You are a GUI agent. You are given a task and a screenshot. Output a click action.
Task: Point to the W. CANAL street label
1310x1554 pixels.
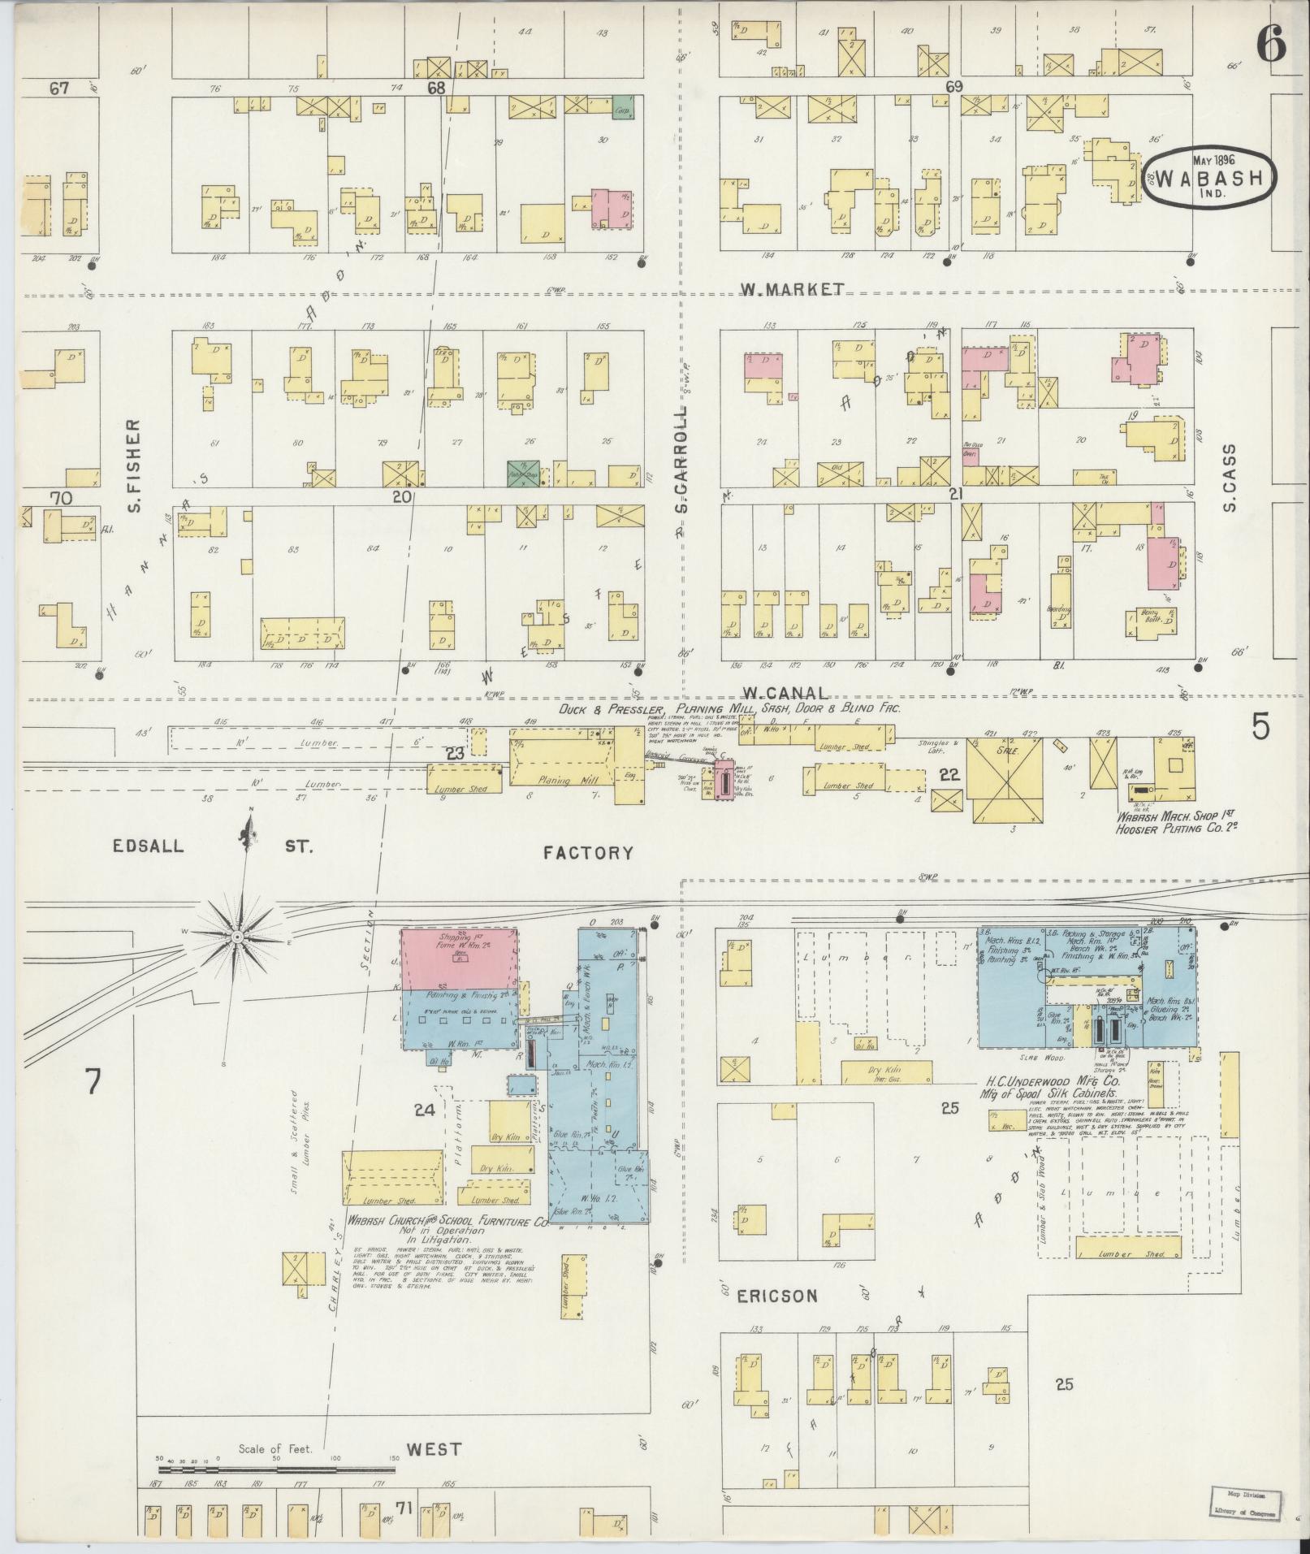[785, 693]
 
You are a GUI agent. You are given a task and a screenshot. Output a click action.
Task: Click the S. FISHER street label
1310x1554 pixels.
[135, 466]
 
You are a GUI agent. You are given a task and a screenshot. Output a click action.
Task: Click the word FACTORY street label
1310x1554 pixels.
[588, 852]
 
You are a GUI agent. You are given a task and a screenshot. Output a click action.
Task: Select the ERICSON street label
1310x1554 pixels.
[776, 1295]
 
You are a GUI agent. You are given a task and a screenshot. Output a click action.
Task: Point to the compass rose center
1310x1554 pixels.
[236, 937]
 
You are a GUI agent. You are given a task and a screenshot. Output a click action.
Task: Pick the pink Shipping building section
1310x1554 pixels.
[460, 959]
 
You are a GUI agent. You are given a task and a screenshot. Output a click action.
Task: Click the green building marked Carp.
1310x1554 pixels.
[623, 108]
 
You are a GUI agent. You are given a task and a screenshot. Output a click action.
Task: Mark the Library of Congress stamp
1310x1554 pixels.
[1243, 1492]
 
